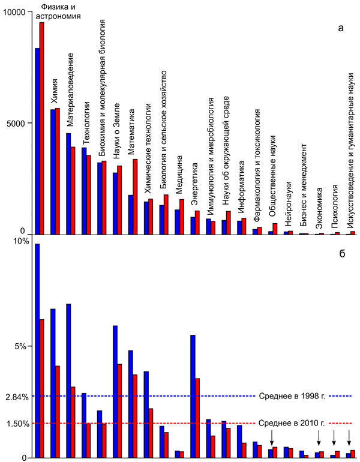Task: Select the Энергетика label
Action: [194, 191]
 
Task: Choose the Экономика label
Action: [320, 209]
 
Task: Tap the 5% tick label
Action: [22, 346]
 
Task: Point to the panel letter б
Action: [341, 253]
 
